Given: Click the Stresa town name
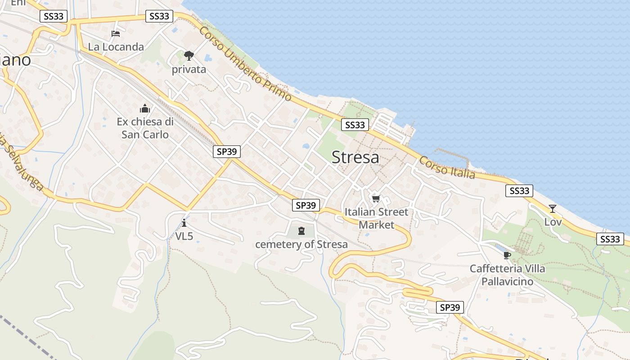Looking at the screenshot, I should pyautogui.click(x=355, y=157).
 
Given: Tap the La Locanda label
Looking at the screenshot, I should pyautogui.click(x=116, y=47).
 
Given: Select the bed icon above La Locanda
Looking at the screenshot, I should pyautogui.click(x=116, y=33).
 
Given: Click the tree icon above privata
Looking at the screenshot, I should pyautogui.click(x=189, y=56).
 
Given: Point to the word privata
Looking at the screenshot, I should pyautogui.click(x=189, y=69).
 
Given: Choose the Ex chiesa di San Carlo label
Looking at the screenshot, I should pyautogui.click(x=145, y=128).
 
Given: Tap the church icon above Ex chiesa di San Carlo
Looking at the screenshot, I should pyautogui.click(x=145, y=108).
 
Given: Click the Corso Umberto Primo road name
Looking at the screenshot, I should pyautogui.click(x=245, y=63).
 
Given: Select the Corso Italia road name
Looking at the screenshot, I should pyautogui.click(x=447, y=167).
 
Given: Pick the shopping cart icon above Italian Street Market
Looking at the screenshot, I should pyautogui.click(x=376, y=198).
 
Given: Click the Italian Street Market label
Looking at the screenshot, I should pyautogui.click(x=376, y=218).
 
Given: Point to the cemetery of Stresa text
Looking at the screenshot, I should pyautogui.click(x=301, y=244).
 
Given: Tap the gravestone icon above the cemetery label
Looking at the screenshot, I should pyautogui.click(x=301, y=231).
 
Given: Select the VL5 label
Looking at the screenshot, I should pyautogui.click(x=184, y=236).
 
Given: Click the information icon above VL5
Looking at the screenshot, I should pyautogui.click(x=184, y=223).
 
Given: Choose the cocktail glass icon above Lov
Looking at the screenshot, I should pyautogui.click(x=553, y=208).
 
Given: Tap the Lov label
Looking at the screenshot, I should pyautogui.click(x=553, y=222).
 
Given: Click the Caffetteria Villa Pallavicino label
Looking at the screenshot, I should pyautogui.click(x=508, y=275).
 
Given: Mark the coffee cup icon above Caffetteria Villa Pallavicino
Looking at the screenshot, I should pyautogui.click(x=507, y=255).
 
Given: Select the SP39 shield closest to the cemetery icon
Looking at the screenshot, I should pyautogui.click(x=306, y=205).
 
